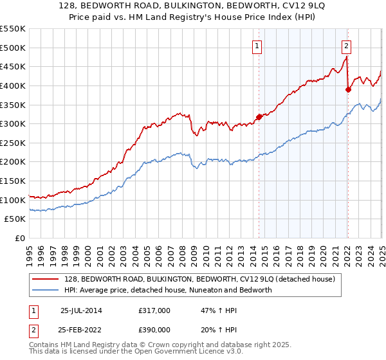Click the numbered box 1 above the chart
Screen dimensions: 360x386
[x=257, y=45]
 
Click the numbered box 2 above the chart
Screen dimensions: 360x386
[x=346, y=45]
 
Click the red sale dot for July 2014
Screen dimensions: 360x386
[x=259, y=116]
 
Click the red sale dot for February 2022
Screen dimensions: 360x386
[x=348, y=89]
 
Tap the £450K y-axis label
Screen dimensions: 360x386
[x=13, y=66]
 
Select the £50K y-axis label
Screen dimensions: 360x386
[x=15, y=219]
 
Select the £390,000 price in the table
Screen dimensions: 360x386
[x=154, y=328]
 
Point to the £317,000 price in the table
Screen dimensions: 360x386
[x=154, y=310]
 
